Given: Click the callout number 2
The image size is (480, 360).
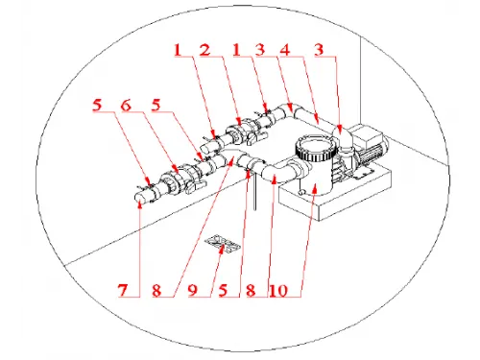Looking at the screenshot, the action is coord(205,50).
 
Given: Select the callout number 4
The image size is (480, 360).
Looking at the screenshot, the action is coord(285,50).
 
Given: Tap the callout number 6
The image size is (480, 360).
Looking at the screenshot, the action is coord(126,105).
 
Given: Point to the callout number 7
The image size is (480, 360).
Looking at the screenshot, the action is coord(123,290).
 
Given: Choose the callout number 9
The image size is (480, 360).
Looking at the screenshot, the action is coord(192,290).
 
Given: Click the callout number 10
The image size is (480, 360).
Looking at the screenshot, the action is coord(278,290).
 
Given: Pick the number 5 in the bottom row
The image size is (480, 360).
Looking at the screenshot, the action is coord(223,290).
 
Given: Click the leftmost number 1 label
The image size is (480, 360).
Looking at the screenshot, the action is coord(178,50).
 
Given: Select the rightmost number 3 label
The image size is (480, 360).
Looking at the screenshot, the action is coord(319,50).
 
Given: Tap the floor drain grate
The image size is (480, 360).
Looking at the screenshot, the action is coord(223,244).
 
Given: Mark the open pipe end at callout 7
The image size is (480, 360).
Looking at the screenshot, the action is coord(140,197).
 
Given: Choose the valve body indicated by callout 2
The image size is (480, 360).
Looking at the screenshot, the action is coord(241,132).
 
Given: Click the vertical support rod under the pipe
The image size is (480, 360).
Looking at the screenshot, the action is coord(255,191).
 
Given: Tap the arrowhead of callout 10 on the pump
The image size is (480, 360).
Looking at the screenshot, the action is coord(316,190).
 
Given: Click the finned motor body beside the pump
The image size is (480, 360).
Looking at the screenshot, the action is coord(371,154).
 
